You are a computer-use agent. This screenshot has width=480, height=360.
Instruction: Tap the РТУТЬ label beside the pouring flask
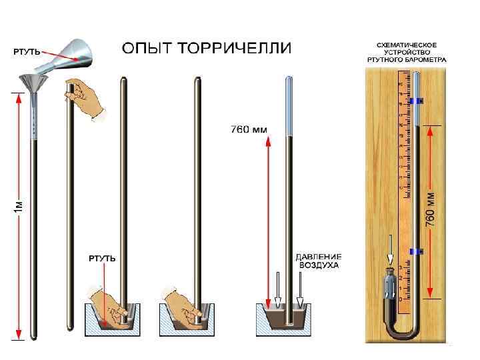pos(27,51)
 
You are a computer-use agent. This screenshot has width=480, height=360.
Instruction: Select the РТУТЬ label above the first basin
pos(103,257)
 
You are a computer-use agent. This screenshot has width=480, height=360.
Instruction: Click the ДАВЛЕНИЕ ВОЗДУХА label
pos(319,261)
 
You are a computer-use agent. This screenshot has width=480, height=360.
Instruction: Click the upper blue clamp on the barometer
pos(417,101)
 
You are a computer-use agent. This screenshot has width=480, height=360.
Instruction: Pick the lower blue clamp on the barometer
pos(417,251)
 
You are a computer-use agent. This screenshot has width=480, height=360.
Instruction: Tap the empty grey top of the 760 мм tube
pos(289,107)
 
